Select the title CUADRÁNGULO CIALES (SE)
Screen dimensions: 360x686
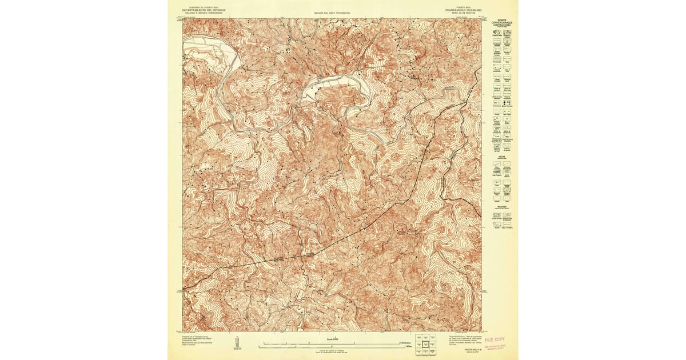pos(461,10)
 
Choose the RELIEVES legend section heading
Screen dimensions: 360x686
pos(501,207)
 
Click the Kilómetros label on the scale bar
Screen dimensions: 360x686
pos(406,342)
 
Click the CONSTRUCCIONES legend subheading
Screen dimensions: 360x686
pos(501,26)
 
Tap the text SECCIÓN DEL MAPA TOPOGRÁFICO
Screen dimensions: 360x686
pos(332,12)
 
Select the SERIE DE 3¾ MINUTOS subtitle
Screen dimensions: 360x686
pos(461,13)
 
